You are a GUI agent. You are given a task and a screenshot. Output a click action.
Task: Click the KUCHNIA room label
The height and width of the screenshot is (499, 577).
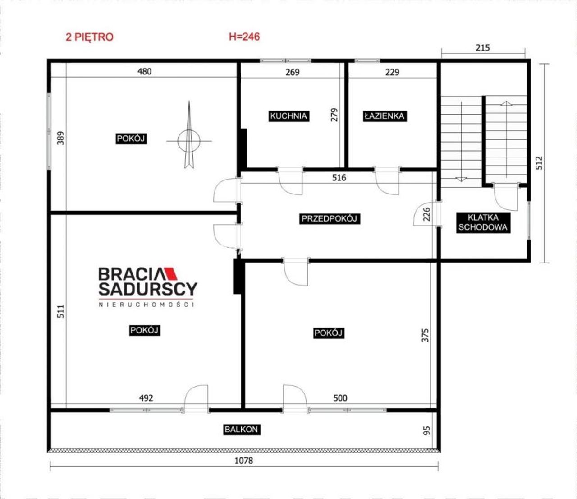(x=288, y=116)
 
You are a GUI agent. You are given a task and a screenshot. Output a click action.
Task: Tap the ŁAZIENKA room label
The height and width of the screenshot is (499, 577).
(x=385, y=116)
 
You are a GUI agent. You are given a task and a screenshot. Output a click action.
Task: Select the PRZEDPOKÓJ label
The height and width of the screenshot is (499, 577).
(x=330, y=219)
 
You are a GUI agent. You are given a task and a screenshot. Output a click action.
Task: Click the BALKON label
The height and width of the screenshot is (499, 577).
(x=242, y=430)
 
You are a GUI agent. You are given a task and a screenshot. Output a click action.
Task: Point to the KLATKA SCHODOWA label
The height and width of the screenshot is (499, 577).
(x=483, y=222)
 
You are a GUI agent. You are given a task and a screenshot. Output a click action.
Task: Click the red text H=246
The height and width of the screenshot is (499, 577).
(x=244, y=37)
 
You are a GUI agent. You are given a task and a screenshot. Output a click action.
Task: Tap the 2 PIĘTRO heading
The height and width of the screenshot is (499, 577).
(x=90, y=37)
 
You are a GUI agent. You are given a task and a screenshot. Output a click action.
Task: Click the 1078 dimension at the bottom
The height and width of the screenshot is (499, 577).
(x=244, y=461)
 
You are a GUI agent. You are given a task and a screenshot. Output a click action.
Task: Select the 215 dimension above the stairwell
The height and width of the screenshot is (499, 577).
(x=483, y=48)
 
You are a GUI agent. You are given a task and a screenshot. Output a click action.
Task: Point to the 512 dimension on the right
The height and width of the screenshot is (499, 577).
(x=539, y=163)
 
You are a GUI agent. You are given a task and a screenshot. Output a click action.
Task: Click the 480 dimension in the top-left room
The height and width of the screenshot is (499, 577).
(x=145, y=72)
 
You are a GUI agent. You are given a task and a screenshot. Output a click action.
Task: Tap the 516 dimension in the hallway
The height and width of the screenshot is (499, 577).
(x=339, y=177)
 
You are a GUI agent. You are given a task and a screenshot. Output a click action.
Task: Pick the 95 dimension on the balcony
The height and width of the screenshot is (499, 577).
(x=427, y=430)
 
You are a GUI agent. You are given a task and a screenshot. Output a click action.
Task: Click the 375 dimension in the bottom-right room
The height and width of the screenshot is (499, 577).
(x=425, y=335)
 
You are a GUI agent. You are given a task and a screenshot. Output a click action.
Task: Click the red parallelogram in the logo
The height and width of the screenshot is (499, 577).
(x=171, y=274)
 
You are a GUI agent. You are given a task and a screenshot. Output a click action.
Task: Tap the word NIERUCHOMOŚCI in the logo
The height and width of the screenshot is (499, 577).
(x=147, y=305)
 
